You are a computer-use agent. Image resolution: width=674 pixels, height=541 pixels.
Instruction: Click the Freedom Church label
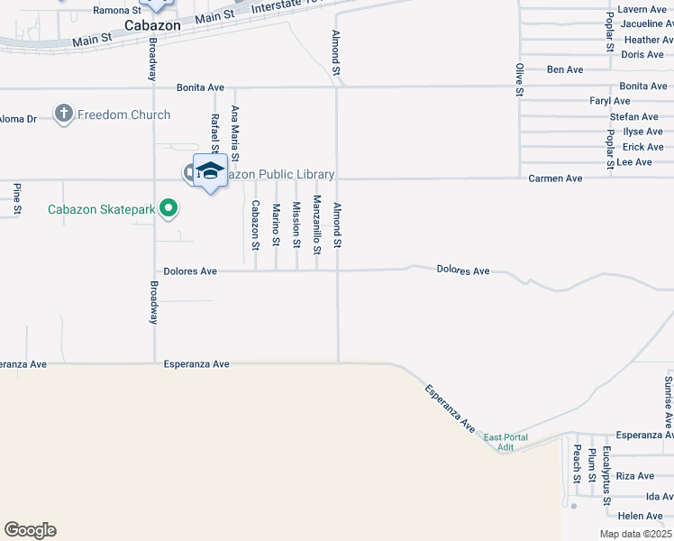click(x=123, y=115)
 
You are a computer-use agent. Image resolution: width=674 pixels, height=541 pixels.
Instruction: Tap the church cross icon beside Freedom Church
click(x=63, y=115)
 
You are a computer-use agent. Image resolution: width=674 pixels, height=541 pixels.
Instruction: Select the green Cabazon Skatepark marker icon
click(x=168, y=210)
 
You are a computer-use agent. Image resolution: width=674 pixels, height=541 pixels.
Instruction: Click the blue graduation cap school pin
click(x=210, y=170)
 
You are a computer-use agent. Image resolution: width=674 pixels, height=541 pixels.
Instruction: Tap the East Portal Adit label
click(x=505, y=443)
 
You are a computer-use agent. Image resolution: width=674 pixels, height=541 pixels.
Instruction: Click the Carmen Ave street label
click(x=555, y=179)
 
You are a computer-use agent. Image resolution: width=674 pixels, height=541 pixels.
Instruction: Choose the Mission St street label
click(x=296, y=224)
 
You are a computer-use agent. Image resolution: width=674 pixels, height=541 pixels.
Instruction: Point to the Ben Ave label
click(x=565, y=69)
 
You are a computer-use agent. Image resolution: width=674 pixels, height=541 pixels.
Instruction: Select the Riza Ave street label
click(x=635, y=475)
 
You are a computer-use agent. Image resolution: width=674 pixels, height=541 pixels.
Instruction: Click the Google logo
click(x=30, y=530)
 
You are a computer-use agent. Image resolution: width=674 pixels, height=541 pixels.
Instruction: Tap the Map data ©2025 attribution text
click(x=635, y=534)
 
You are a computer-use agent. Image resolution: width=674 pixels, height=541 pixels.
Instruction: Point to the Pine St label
click(x=17, y=199)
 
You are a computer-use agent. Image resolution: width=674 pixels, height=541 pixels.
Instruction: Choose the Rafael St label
click(x=215, y=132)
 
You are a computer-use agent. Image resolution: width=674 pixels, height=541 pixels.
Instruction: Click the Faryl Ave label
click(x=609, y=101)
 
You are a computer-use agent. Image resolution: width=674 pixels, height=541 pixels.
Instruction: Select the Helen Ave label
click(x=641, y=516)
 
